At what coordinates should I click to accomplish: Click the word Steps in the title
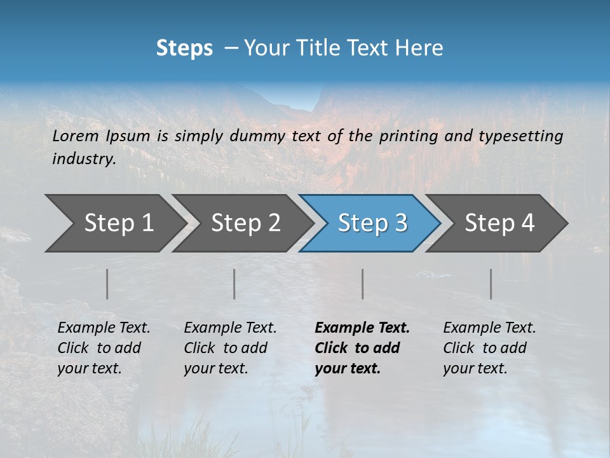[184, 48]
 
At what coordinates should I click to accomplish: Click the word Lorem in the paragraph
[76, 135]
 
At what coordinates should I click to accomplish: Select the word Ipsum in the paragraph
[128, 135]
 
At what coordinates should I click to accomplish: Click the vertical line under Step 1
[107, 284]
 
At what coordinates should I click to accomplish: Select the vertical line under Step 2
[234, 284]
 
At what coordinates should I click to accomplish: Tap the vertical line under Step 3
[363, 284]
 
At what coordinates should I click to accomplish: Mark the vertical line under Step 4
[491, 284]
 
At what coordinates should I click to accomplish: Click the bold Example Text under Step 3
[362, 328]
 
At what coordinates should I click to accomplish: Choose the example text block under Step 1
[104, 348]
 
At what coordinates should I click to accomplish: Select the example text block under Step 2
[230, 348]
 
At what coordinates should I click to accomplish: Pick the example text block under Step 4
[489, 348]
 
